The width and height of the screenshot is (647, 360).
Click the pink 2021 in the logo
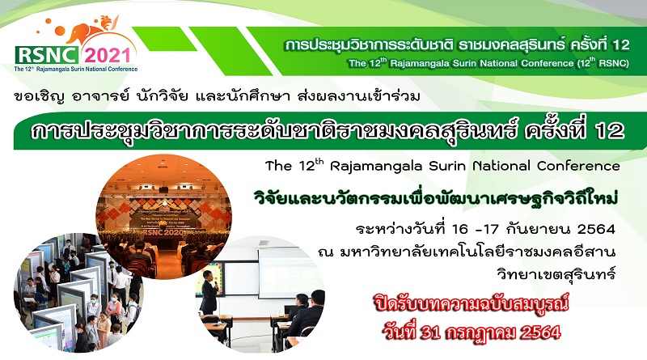(x=108, y=56)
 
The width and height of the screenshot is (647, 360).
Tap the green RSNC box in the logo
(x=47, y=55)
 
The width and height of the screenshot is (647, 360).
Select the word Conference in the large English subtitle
(x=578, y=166)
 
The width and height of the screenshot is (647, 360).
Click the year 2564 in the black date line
(x=596, y=229)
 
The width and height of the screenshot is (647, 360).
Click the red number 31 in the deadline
(x=430, y=332)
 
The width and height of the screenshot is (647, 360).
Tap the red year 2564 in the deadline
(x=540, y=332)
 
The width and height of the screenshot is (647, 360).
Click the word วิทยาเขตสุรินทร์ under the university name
(x=556, y=273)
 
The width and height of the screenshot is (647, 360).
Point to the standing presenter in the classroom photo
(x=209, y=292)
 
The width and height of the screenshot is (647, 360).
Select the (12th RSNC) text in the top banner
(x=603, y=63)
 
